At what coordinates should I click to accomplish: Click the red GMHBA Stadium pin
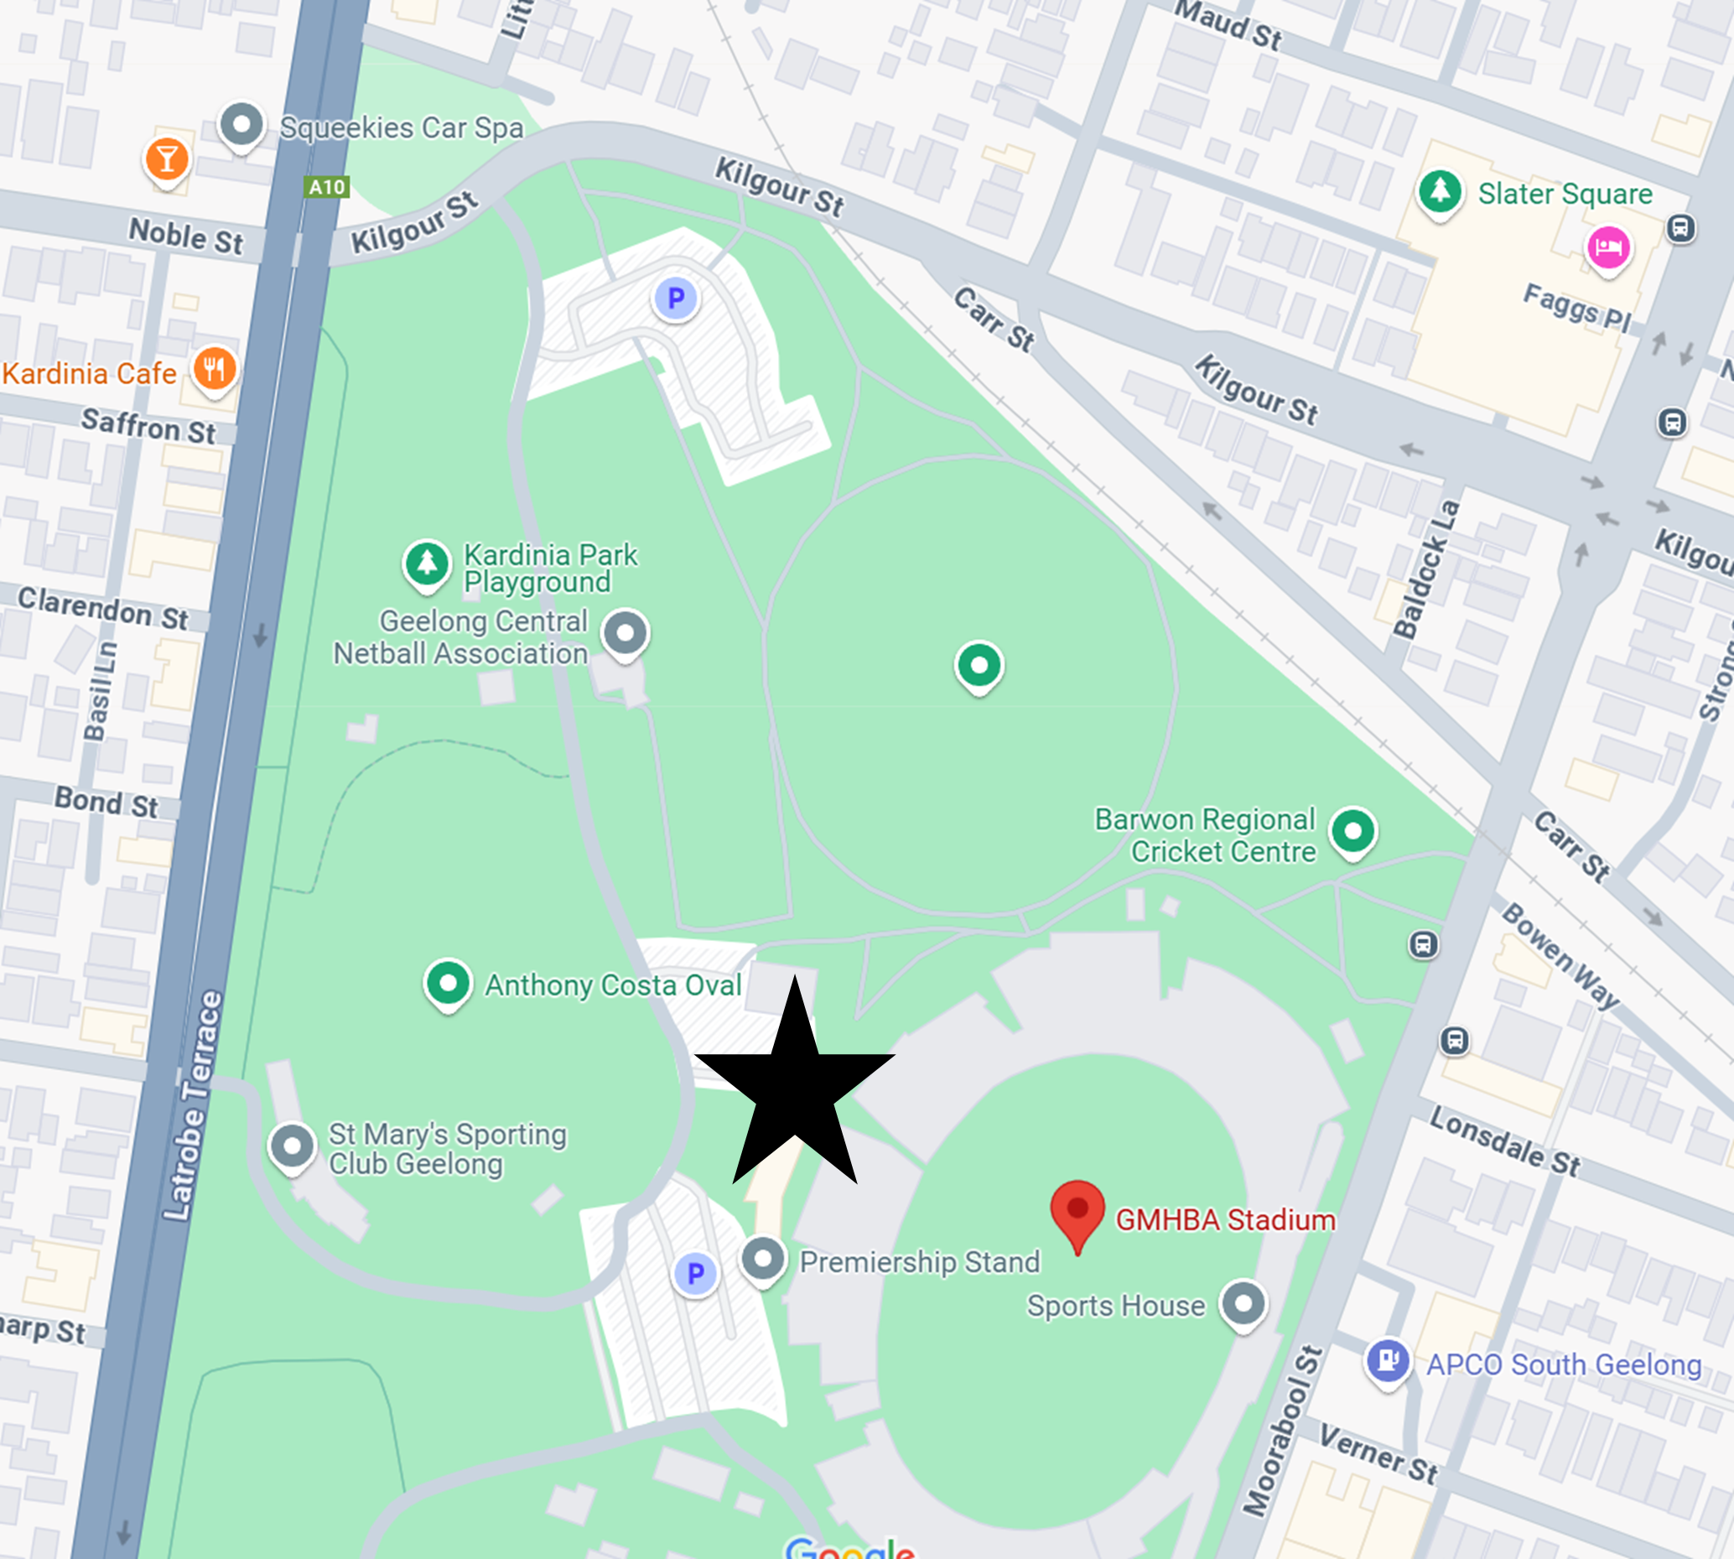(1077, 1210)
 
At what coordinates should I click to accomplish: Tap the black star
(796, 1087)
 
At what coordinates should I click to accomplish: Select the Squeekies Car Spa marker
(241, 126)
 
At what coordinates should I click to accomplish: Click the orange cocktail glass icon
(167, 159)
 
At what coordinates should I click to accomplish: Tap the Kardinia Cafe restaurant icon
(214, 370)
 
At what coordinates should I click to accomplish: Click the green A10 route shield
(327, 187)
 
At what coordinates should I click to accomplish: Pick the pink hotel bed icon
(1609, 248)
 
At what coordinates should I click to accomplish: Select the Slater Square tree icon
(1440, 191)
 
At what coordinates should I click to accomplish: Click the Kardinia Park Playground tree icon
(427, 564)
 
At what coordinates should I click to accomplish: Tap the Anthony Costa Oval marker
(447, 984)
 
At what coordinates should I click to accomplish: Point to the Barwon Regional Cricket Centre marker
(1353, 831)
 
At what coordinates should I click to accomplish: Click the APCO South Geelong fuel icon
(1388, 1360)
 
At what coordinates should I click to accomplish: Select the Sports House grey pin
(1243, 1305)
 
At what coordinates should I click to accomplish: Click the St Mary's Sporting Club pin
(292, 1146)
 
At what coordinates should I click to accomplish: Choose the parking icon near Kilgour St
(676, 298)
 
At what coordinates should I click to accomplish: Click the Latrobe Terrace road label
(193, 1105)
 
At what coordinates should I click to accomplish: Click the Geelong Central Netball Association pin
(626, 634)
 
